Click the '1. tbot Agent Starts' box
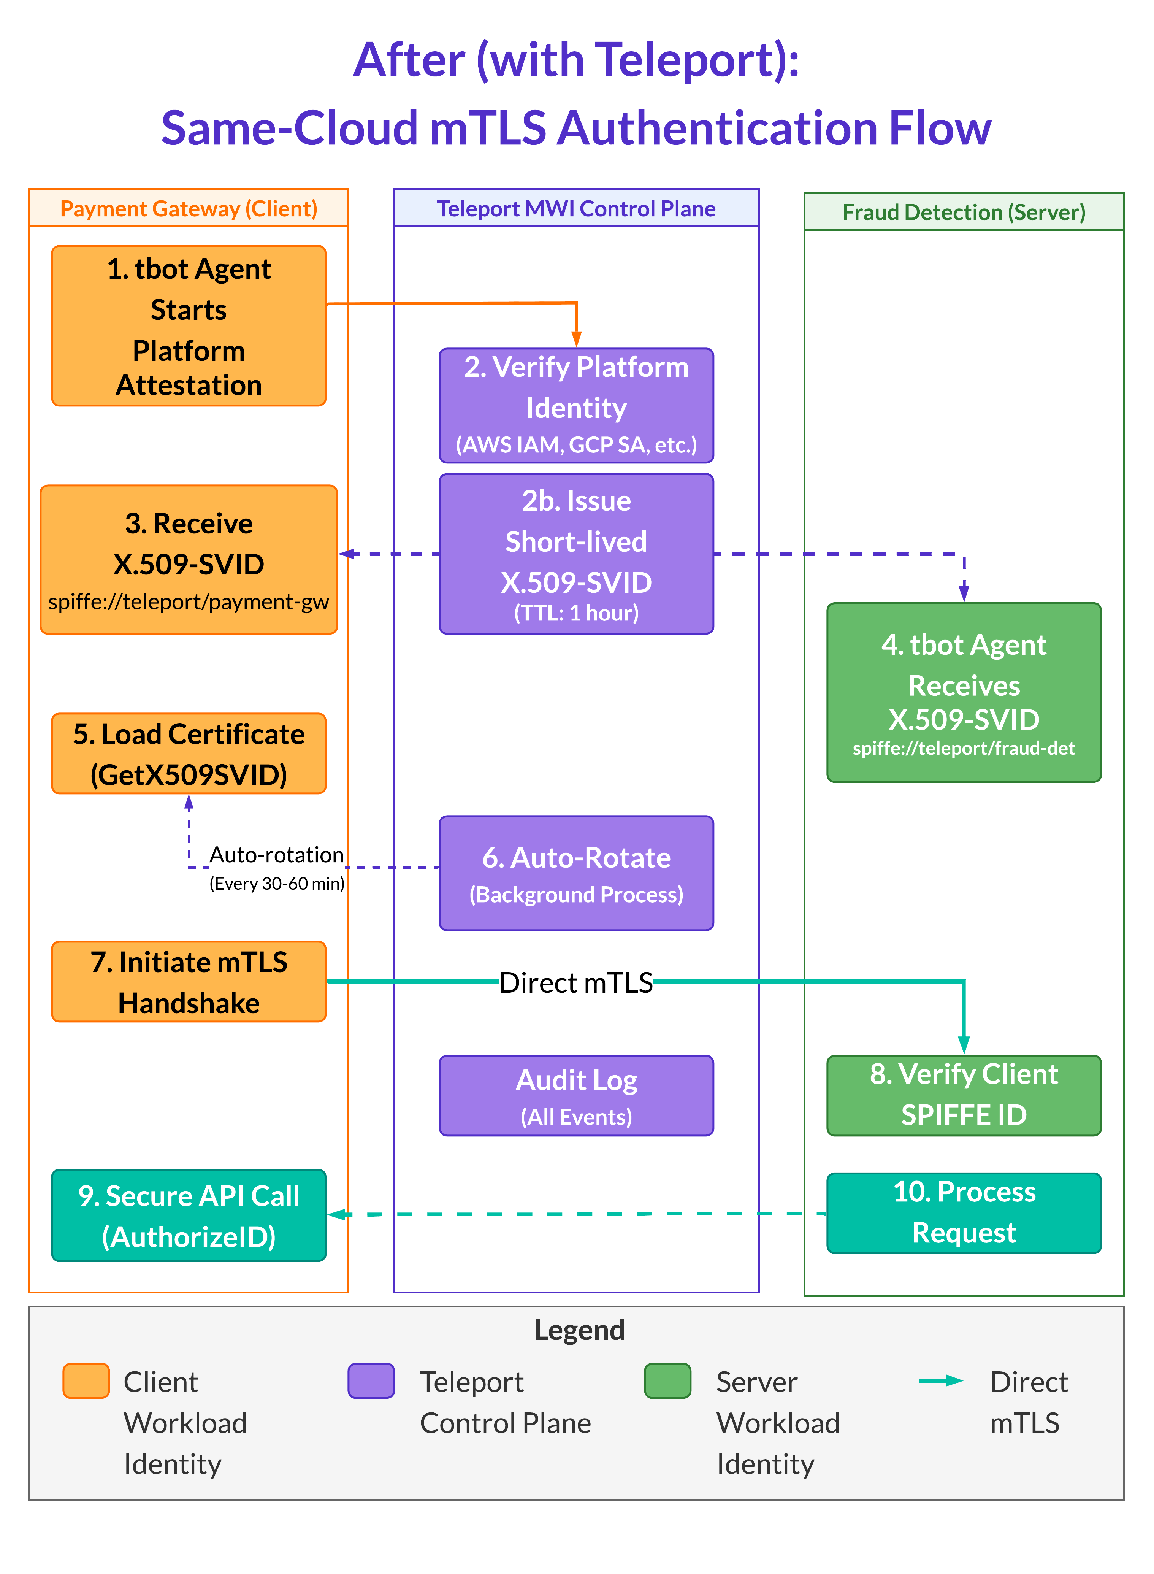(189, 325)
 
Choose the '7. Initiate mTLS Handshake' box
(189, 982)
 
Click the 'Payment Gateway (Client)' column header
(189, 208)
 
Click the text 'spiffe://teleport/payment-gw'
(189, 601)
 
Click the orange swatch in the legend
(86, 1380)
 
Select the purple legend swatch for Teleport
(371, 1380)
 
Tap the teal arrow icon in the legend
(940, 1380)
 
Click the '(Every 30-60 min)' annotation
(277, 884)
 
